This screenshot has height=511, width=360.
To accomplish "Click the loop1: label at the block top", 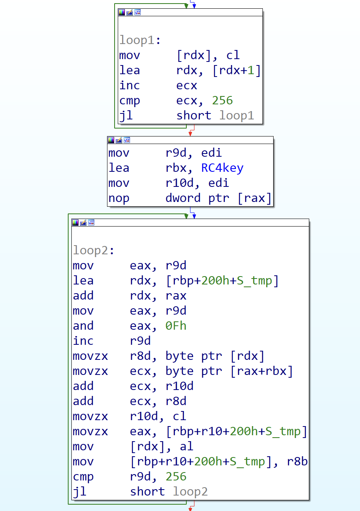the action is click(140, 40).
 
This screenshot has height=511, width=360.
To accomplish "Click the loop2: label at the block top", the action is click(94, 250).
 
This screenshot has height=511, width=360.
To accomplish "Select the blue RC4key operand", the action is click(222, 168).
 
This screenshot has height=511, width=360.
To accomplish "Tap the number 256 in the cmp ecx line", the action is click(222, 100).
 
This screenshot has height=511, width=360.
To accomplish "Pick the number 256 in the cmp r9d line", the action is click(176, 476).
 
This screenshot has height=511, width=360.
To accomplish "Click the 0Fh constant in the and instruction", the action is click(176, 326).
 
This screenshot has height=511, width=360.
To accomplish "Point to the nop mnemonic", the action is click(119, 198).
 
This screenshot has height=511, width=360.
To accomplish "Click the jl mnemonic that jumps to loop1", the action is click(126, 116).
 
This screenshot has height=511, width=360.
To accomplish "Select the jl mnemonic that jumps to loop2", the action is click(80, 492).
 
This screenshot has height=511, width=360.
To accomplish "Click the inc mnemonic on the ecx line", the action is click(130, 85).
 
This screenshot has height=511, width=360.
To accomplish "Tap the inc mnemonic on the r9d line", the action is click(83, 341).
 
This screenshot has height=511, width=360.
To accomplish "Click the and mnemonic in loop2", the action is click(83, 326).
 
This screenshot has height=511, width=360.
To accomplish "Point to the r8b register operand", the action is click(297, 461).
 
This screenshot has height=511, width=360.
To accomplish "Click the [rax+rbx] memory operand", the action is click(262, 371).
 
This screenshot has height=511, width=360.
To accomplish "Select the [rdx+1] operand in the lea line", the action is click(237, 71).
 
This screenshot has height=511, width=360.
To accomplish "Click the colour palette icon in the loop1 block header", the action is click(122, 12).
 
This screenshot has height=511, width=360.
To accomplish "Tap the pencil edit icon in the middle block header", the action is click(119, 140).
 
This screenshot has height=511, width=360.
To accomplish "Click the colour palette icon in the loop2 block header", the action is click(75, 223).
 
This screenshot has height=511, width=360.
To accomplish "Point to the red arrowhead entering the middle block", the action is click(190, 134).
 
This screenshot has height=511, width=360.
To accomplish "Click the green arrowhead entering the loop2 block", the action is click(186, 216).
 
